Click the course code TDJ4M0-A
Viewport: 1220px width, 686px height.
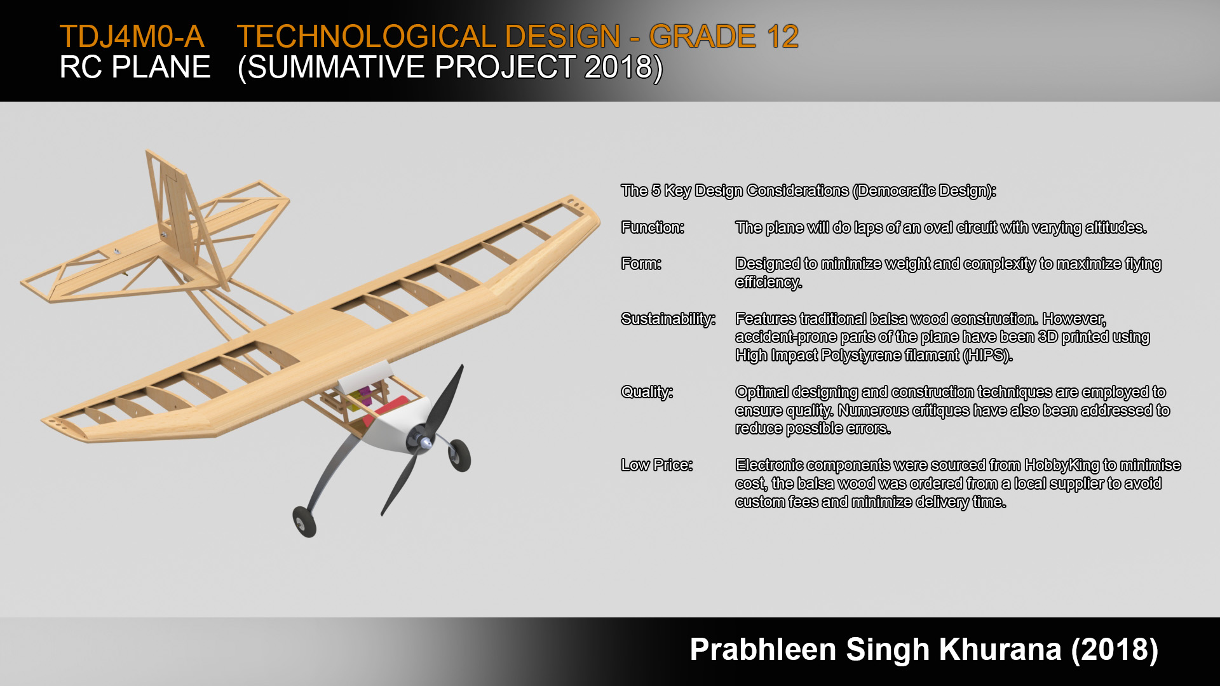pyautogui.click(x=132, y=36)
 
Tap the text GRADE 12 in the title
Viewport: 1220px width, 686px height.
pyautogui.click(x=724, y=36)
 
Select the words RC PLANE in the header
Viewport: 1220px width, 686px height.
pyautogui.click(x=135, y=67)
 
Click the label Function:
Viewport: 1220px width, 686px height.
pyautogui.click(x=653, y=227)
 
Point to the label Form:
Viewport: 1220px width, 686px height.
pyautogui.click(x=641, y=264)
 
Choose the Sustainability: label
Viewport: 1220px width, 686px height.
pyautogui.click(x=668, y=319)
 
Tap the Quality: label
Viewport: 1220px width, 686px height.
pyautogui.click(x=647, y=392)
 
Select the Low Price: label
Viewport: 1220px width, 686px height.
pyautogui.click(x=657, y=465)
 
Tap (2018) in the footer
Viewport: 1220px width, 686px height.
pyautogui.click(x=1115, y=650)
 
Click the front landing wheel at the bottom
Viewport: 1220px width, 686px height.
pyautogui.click(x=306, y=525)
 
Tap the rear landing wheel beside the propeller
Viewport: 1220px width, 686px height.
pyautogui.click(x=459, y=455)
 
